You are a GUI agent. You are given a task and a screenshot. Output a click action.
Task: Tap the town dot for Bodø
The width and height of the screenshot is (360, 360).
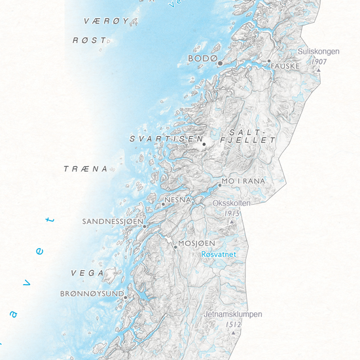pos(221,63)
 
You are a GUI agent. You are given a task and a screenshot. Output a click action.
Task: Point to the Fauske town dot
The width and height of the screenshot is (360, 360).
pos(268,61)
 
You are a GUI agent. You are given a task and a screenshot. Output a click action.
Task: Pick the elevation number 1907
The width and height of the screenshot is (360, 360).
pos(319,61)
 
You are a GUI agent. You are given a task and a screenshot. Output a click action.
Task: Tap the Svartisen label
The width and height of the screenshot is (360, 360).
pos(164,139)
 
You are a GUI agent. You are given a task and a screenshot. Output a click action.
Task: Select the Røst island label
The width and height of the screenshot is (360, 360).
pos(89,41)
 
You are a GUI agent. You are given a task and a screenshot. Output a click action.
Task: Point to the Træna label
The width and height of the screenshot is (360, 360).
pos(85,169)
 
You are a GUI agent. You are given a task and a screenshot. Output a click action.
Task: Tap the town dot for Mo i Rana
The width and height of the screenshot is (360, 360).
pos(220,185)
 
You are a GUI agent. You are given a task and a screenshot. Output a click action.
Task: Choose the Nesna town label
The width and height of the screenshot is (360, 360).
pos(178,199)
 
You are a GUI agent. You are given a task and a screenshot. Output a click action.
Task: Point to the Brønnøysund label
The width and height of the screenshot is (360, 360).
pos(92,294)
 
